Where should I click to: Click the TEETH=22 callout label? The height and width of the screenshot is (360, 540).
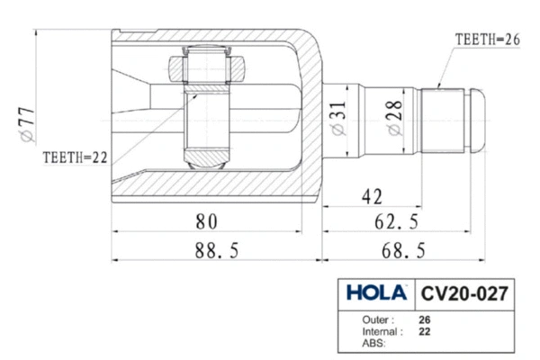tap(76, 157)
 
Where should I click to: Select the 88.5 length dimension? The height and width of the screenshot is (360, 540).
tap(211, 251)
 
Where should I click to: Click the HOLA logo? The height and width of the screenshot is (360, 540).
tap(377, 294)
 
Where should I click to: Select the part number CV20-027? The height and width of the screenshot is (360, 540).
tap(464, 294)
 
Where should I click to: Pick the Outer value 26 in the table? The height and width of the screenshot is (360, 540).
tap(424, 319)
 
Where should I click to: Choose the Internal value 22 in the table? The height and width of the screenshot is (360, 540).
tap(424, 331)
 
